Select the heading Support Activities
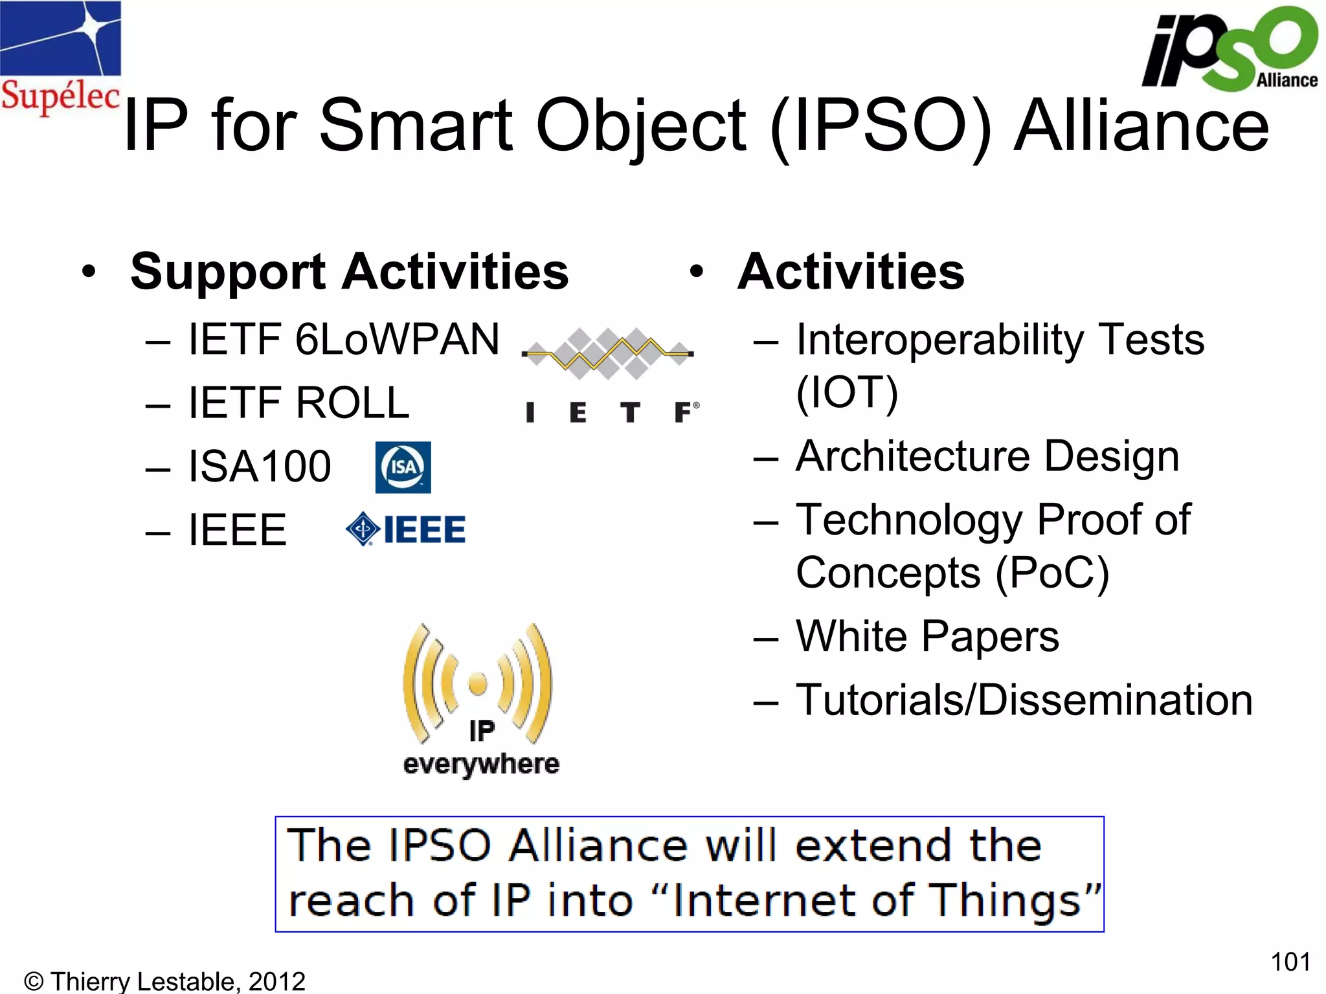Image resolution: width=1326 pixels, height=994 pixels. click(x=349, y=272)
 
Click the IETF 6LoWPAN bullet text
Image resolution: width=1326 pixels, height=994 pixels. click(x=343, y=339)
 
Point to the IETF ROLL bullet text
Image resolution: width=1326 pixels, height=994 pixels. click(x=298, y=403)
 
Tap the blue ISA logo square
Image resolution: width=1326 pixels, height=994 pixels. click(x=403, y=467)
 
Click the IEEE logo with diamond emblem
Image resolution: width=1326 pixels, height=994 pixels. click(x=406, y=530)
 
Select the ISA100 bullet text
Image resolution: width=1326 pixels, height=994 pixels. click(x=259, y=466)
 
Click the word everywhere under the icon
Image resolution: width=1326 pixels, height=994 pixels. click(x=481, y=765)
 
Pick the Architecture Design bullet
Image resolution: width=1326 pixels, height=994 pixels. click(x=987, y=456)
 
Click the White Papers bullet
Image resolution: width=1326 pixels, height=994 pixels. click(x=927, y=636)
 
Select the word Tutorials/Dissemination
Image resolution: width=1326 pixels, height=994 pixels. click(x=1024, y=700)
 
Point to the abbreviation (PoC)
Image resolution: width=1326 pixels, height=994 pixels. click(x=1051, y=573)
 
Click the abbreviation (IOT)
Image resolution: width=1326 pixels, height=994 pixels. click(x=847, y=392)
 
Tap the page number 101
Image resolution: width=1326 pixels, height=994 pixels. click(x=1290, y=962)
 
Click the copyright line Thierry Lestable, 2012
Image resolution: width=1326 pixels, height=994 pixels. click(x=164, y=981)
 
